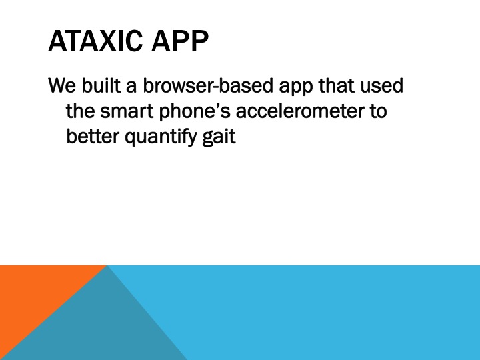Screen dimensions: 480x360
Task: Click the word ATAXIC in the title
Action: coord(95,41)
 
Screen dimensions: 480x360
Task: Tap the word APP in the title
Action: coord(180,41)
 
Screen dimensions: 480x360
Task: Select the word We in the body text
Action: coord(62,85)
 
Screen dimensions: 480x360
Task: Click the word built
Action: coord(101,85)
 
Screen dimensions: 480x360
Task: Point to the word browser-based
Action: coord(208,85)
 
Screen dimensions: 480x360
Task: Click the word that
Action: coord(337,85)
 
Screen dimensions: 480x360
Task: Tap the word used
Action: coord(381,85)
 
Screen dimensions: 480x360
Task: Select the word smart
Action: coord(127,111)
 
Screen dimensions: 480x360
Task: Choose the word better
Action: coord(93,136)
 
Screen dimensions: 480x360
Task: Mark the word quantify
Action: coord(161,138)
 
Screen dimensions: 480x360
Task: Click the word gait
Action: coord(219,138)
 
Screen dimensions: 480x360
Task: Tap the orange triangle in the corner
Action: coord(34,294)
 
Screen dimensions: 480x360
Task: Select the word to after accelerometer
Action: coord(379,111)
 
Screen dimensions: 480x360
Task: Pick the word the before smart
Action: coord(81,111)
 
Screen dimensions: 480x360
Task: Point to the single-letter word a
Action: coord(131,87)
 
